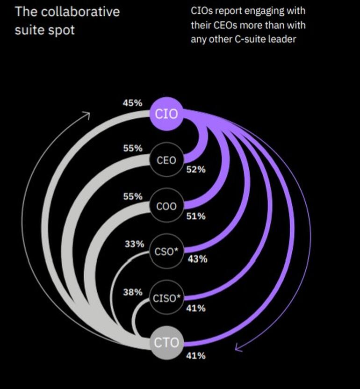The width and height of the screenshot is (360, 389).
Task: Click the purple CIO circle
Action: (x=166, y=114)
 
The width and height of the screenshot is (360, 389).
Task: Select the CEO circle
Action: (x=166, y=160)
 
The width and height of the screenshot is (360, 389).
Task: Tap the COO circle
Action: (x=166, y=206)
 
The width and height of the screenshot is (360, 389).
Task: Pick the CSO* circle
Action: (x=166, y=252)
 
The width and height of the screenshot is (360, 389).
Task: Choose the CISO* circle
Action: (x=166, y=297)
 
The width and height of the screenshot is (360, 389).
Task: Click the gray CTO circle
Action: (x=166, y=342)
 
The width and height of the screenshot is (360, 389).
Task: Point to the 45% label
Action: (x=132, y=102)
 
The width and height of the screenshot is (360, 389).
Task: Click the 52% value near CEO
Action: (x=196, y=170)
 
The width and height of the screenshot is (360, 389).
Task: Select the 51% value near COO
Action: (x=196, y=216)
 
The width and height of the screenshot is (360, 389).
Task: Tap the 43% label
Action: (x=197, y=259)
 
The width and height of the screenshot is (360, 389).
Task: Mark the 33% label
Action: (x=134, y=244)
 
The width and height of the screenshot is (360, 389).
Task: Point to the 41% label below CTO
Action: (x=196, y=356)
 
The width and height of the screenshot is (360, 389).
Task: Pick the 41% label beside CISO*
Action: (x=196, y=308)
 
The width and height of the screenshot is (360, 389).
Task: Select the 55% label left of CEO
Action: (x=132, y=148)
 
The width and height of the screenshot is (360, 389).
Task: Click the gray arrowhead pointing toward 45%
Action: (x=86, y=114)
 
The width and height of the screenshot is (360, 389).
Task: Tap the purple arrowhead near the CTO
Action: (x=238, y=347)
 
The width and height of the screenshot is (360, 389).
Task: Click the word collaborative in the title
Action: (x=80, y=11)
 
